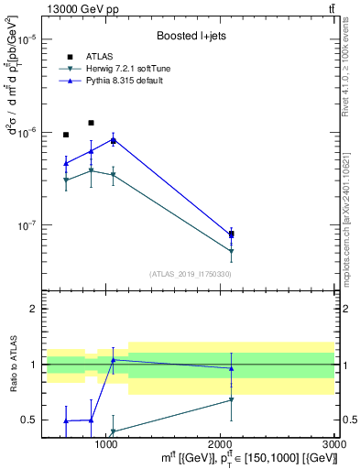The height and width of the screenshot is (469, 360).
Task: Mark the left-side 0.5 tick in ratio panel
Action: [x=29, y=420]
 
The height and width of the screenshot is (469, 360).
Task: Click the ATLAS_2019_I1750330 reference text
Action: [x=191, y=274]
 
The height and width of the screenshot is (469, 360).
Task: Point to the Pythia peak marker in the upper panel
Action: [x=113, y=138]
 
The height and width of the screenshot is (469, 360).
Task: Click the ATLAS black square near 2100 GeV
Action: [x=231, y=235]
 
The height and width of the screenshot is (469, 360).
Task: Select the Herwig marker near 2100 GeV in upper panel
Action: [x=231, y=250]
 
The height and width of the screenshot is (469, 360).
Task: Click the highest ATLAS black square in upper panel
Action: [x=91, y=123]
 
